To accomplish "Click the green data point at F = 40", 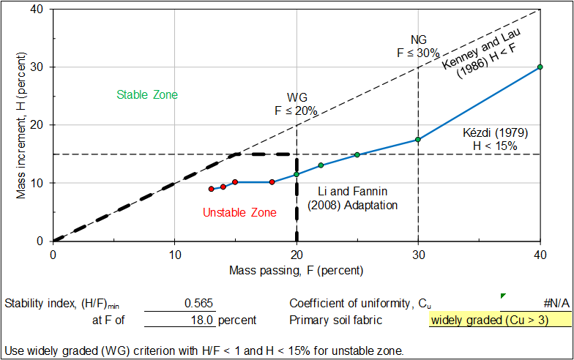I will (x=540, y=67).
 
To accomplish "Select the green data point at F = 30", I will (x=417, y=139).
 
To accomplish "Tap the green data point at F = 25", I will (x=357, y=154).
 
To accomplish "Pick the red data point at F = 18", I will (x=272, y=181).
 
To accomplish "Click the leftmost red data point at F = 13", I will (x=211, y=189).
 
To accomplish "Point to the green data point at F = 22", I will (x=321, y=165).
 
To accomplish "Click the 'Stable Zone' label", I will (x=147, y=94).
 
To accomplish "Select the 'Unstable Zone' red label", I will (x=239, y=213).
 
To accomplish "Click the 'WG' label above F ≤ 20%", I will (x=296, y=98).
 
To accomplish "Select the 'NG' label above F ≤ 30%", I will (x=418, y=40).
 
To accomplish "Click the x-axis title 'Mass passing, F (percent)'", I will (x=296, y=270).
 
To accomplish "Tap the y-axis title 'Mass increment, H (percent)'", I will (x=22, y=124).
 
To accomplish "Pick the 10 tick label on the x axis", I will (x=174, y=254).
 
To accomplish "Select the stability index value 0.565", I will (x=198, y=303).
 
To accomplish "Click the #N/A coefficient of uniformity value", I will (x=552, y=303).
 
